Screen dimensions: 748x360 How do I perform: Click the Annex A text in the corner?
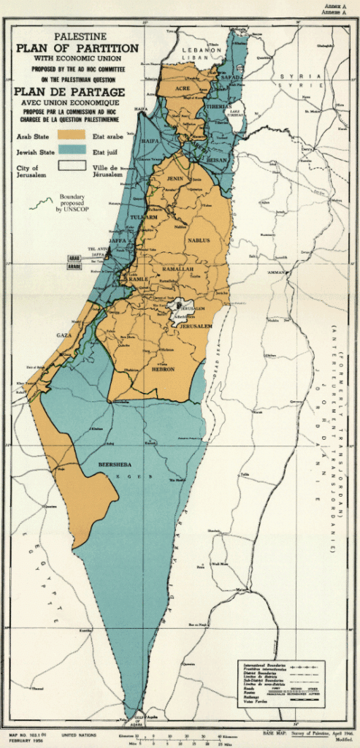(x=342, y=6)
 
